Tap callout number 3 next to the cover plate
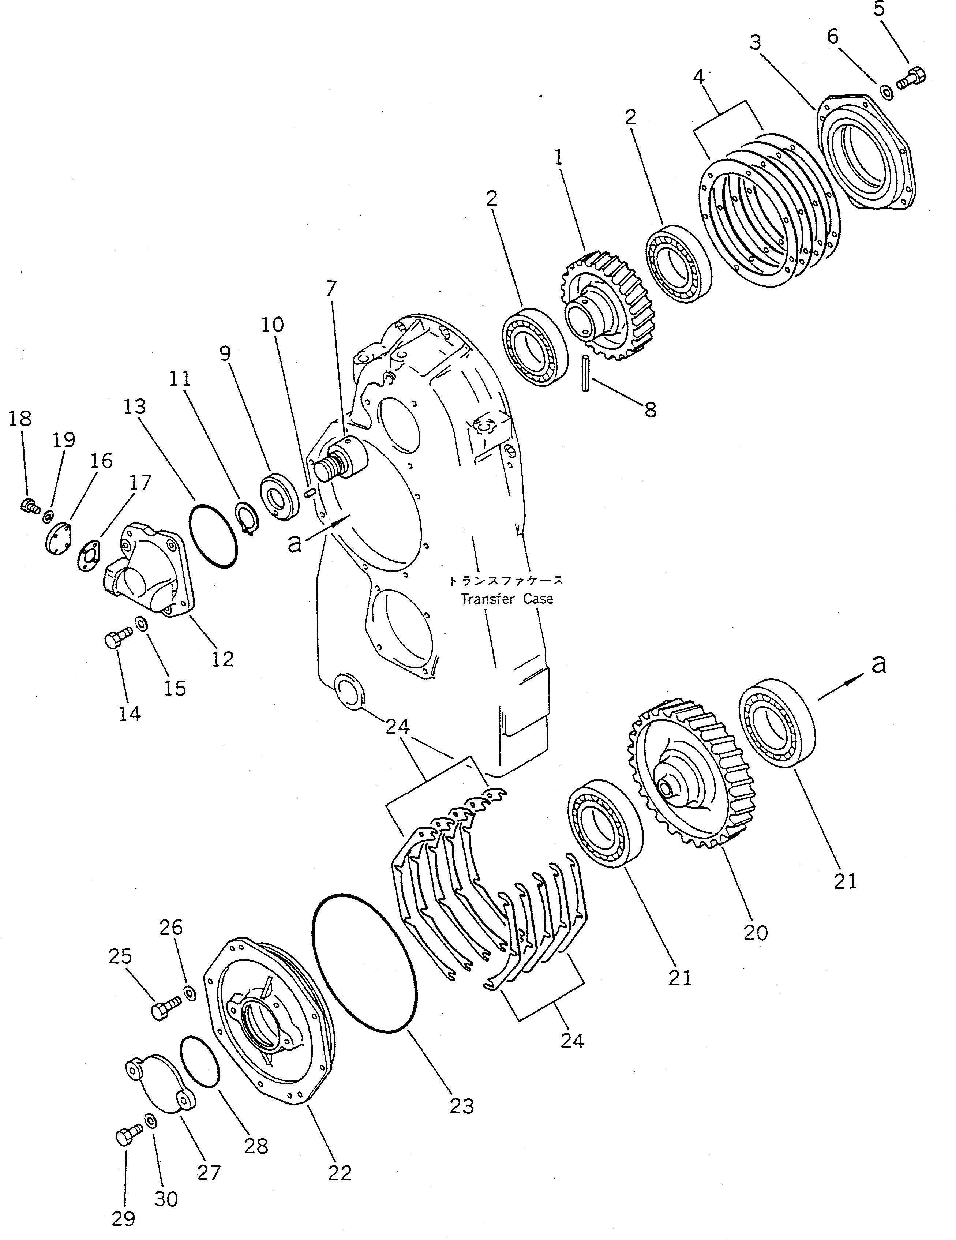[755, 43]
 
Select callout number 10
[273, 325]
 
